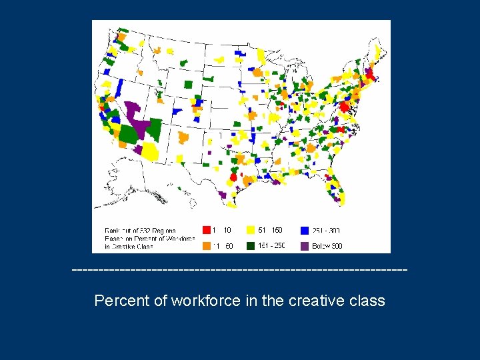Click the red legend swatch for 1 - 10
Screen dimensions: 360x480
[207, 231]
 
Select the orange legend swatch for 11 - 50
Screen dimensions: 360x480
[207, 245]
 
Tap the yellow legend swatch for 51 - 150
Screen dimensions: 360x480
[251, 231]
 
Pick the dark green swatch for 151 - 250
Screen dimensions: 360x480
[251, 245]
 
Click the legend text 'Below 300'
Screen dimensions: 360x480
[327, 246]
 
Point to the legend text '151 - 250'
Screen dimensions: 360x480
[271, 246]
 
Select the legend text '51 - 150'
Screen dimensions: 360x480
[270, 231]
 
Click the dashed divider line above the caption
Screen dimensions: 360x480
[239, 270]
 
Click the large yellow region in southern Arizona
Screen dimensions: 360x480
[149, 152]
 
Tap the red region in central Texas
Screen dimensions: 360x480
[233, 177]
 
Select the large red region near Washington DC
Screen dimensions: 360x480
[345, 107]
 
